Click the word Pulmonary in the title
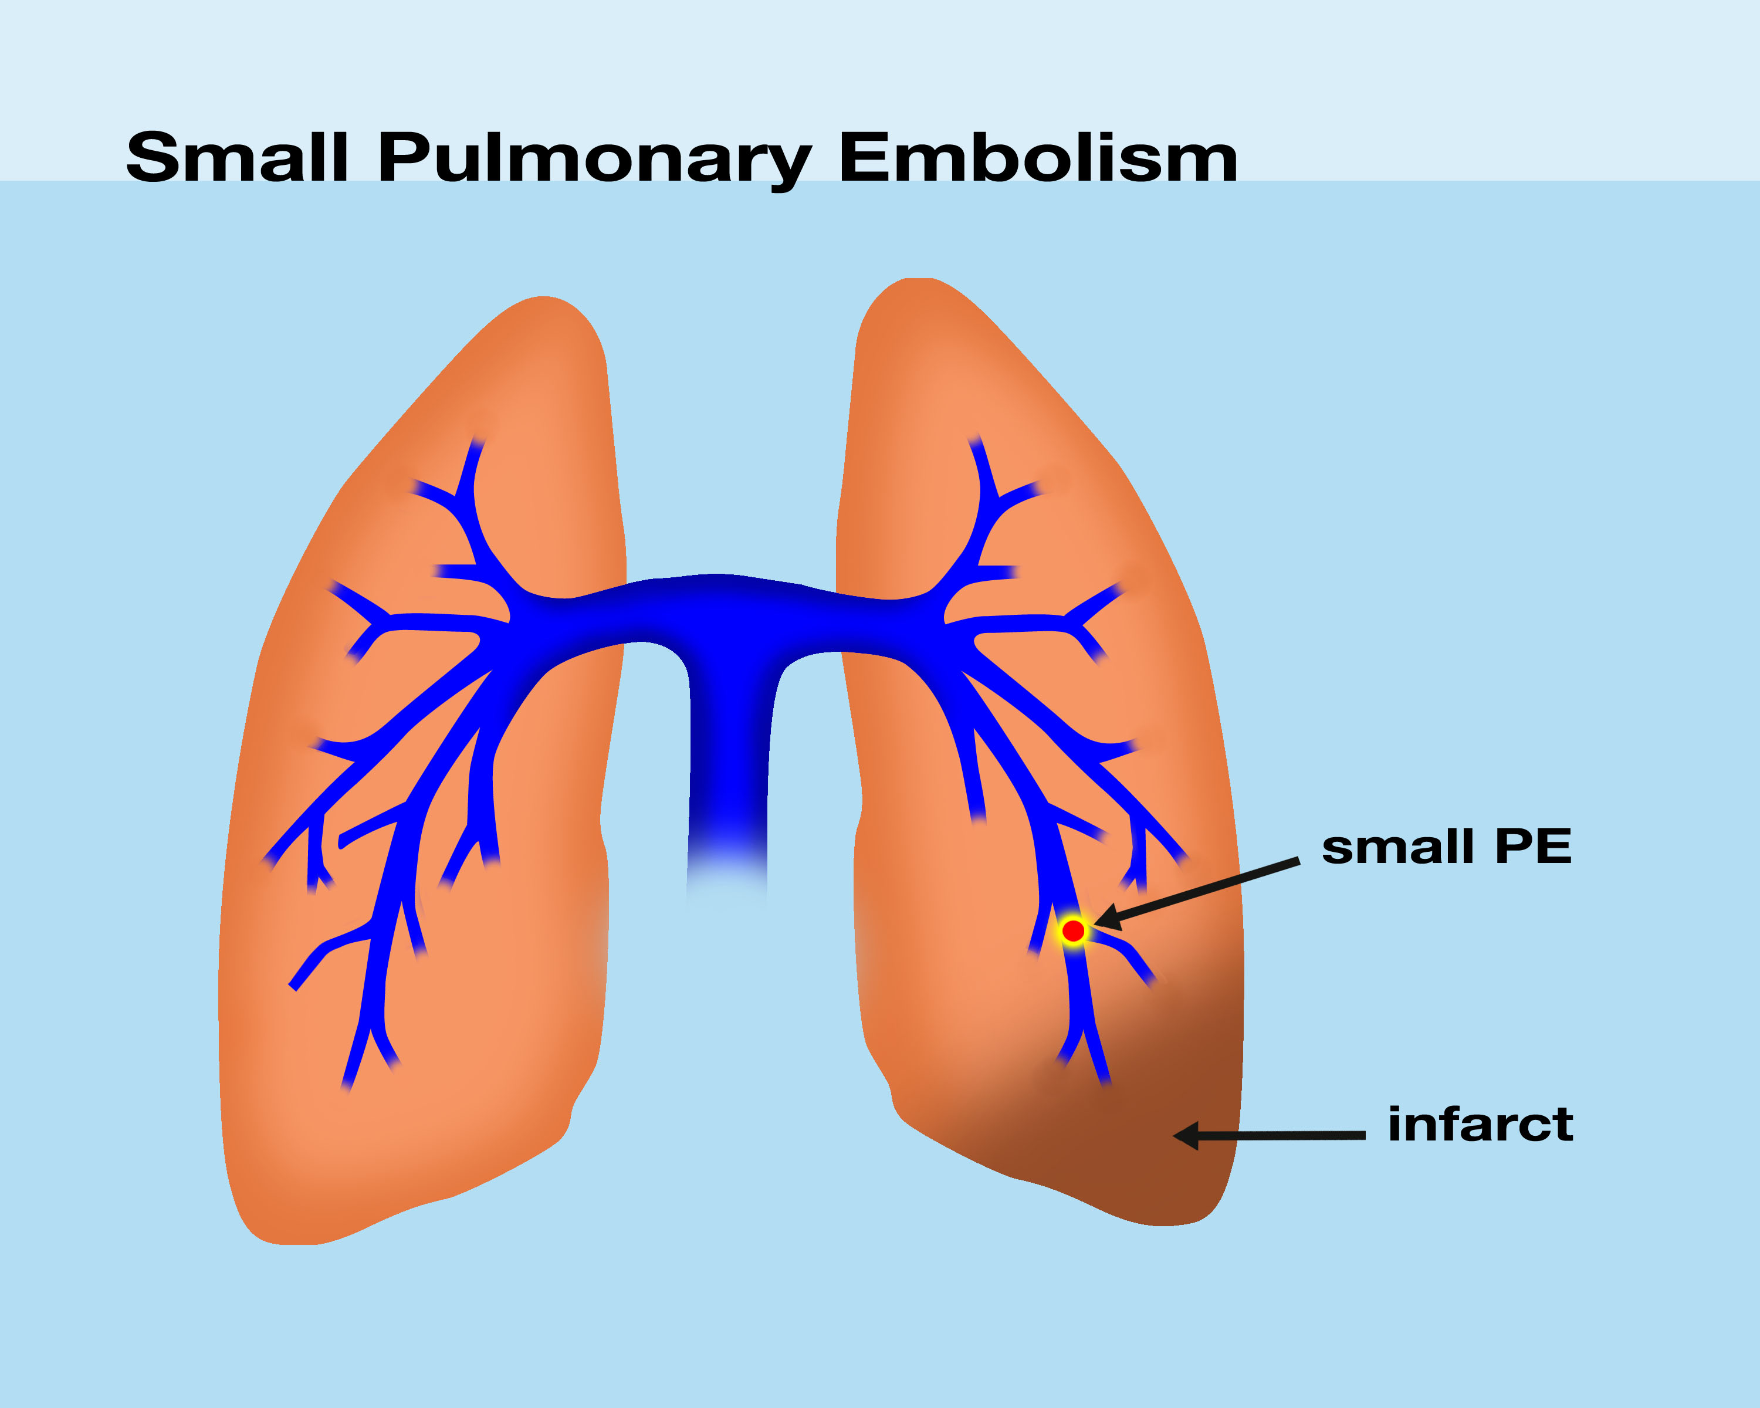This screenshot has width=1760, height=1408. [594, 158]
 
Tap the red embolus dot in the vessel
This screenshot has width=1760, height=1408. [1072, 930]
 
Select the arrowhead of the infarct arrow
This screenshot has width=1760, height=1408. [1185, 1135]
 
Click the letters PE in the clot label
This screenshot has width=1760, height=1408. [1532, 847]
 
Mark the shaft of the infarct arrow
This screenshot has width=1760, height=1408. [1282, 1135]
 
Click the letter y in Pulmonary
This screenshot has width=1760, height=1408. [790, 163]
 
